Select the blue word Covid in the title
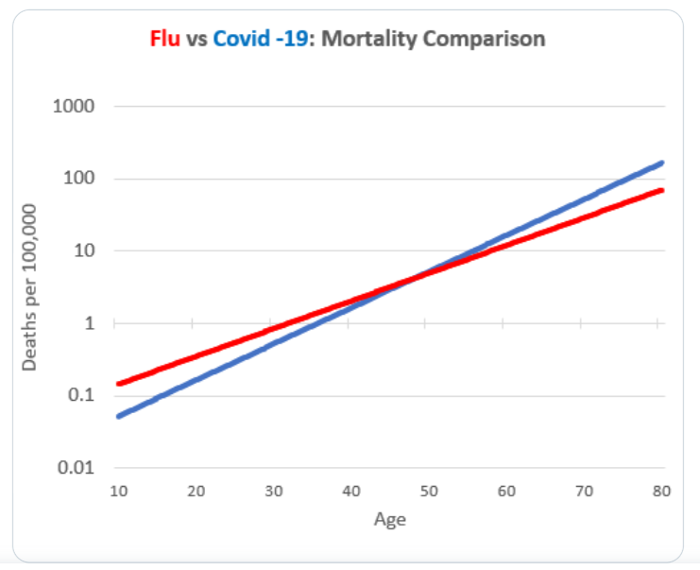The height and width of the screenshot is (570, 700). [x=237, y=40]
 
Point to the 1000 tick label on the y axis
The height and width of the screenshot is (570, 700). [x=75, y=106]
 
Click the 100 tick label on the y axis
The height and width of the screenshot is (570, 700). [x=78, y=179]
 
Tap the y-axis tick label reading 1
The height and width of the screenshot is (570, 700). [x=90, y=323]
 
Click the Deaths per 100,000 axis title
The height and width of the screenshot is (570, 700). [x=30, y=285]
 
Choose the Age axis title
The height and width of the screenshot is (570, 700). [x=389, y=518]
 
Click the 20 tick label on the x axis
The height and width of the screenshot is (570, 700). [x=196, y=491]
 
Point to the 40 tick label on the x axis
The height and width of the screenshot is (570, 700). [x=351, y=491]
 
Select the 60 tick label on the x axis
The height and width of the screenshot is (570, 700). [x=506, y=491]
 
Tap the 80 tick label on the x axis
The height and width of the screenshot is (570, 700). [x=660, y=491]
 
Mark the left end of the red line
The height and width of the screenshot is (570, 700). [x=119, y=384]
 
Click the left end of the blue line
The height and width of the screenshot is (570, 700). [x=119, y=416]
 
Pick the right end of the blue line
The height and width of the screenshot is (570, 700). [x=661, y=163]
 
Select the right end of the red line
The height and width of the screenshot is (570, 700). [x=661, y=190]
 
